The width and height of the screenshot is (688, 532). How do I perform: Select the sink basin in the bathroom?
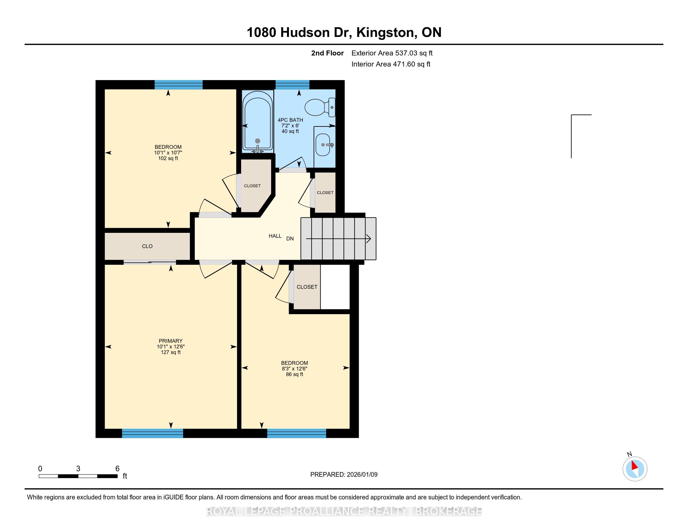pos(323,145)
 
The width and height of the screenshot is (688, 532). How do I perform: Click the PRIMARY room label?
pos(171,341)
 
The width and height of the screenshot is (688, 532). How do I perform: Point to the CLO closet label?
pos(147,247)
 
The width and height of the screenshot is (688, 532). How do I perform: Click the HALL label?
pos(275,236)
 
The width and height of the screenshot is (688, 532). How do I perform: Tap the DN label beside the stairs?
pos(290,239)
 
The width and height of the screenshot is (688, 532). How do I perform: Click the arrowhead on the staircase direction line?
pos(369,239)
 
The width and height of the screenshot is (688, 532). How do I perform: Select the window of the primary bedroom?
pos(153,433)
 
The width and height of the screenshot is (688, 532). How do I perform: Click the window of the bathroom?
pos(293,85)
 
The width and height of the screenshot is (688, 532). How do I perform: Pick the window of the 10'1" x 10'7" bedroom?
pos(179,85)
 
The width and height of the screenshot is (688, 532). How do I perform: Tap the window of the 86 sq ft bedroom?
pos(296,433)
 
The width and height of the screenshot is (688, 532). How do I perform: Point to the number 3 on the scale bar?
pos(78,469)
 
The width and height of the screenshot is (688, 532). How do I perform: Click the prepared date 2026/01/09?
pos(362,475)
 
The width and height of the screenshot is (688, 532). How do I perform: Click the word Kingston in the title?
pos(385,33)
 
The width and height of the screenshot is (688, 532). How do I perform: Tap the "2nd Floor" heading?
pos(327,53)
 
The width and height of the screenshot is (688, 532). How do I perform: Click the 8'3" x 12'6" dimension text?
pos(295,369)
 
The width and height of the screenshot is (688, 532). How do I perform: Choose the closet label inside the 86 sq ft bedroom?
pos(307,287)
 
